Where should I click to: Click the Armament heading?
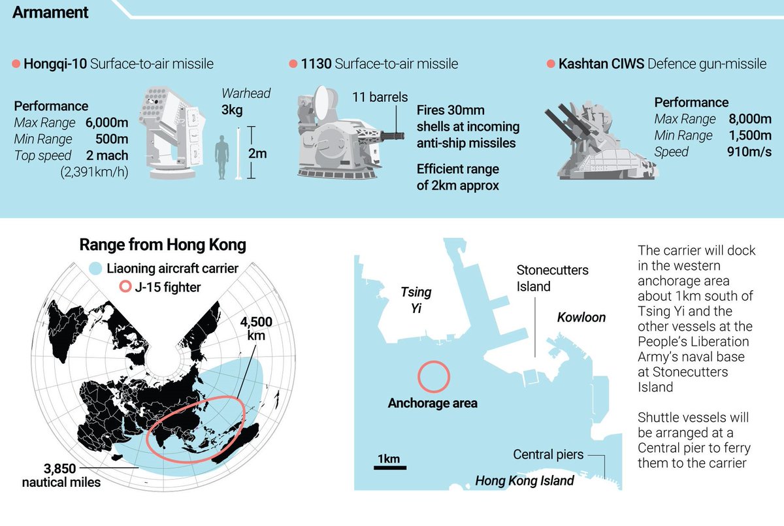point(50,12)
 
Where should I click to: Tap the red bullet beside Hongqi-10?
point(16,64)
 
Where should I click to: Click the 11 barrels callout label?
point(380,97)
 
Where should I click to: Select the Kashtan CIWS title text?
point(599,64)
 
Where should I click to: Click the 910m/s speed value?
point(749,152)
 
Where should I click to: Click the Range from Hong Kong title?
point(163,245)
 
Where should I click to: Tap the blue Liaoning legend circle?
point(95,268)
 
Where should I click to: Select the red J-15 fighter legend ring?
point(123,286)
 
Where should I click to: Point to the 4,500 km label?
point(256,329)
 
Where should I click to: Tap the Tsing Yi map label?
point(416,300)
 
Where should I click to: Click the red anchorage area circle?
point(433,377)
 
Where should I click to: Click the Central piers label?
point(548,454)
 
